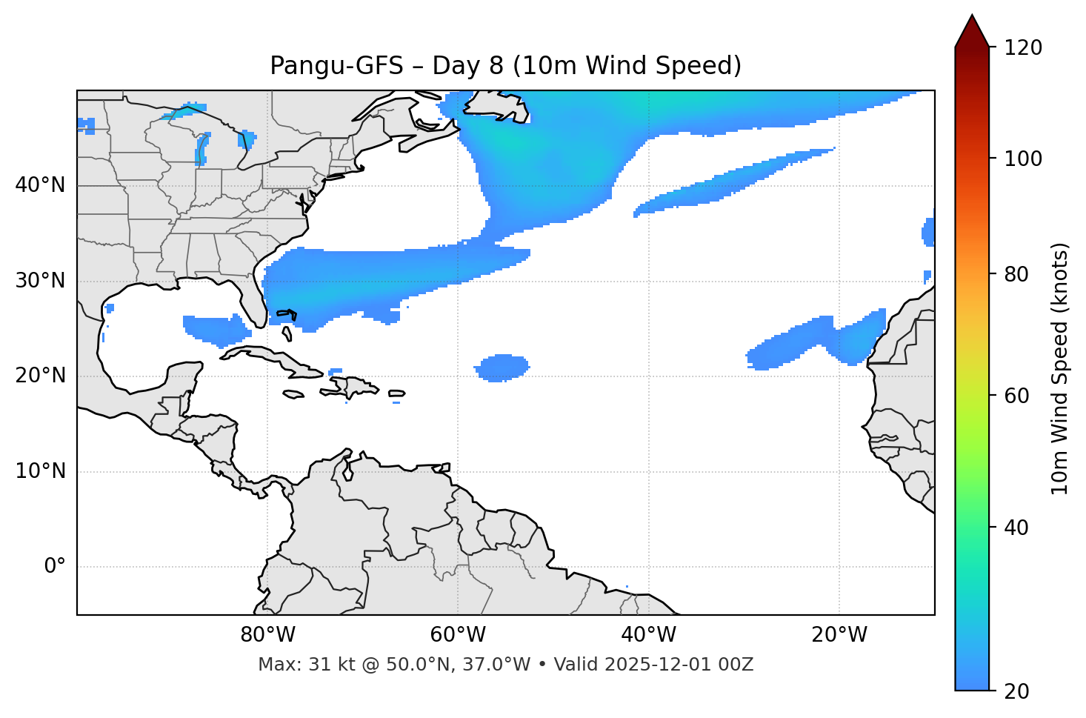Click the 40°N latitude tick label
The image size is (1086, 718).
click(x=40, y=185)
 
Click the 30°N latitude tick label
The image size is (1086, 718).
click(x=40, y=281)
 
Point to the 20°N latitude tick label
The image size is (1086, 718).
click(x=40, y=376)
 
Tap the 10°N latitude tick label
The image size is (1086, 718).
click(x=40, y=471)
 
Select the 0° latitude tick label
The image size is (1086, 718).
click(x=55, y=567)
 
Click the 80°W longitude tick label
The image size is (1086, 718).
click(x=267, y=635)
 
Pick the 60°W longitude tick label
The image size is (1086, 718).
click(x=458, y=635)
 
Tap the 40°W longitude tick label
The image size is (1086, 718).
click(x=648, y=635)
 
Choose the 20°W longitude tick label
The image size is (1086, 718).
click(x=839, y=635)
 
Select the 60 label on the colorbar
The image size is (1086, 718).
click(x=1019, y=396)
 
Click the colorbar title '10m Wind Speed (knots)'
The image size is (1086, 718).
click(x=1060, y=369)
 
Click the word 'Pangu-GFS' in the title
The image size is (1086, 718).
click(x=336, y=66)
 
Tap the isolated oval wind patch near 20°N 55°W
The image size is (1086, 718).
click(x=503, y=368)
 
